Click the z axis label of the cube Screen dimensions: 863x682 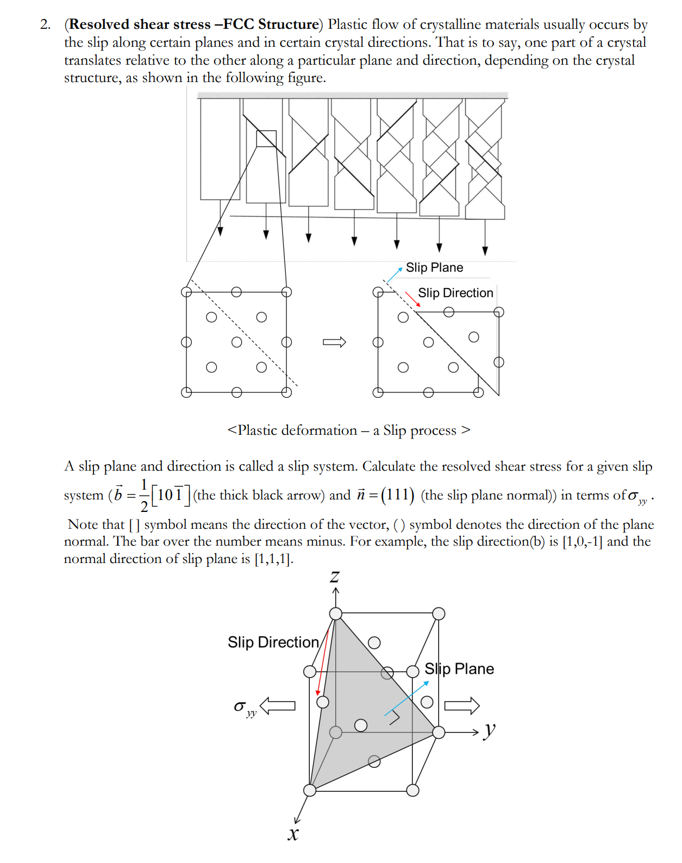335,577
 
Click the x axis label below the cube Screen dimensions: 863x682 293,834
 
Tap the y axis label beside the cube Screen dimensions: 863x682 490,730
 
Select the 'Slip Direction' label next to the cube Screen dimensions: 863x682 273,642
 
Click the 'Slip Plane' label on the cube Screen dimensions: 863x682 459,669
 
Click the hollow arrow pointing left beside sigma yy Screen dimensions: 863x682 278,706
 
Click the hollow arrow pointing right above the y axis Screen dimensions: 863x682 462,705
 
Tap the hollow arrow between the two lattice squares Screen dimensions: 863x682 334,342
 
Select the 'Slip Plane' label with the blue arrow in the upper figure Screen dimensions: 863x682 434,267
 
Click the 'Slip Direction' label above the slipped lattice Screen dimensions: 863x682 455,293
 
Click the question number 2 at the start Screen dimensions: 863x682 45,24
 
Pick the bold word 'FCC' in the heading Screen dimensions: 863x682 239,24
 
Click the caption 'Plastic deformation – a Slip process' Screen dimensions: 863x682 348,430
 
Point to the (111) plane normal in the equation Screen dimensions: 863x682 397,495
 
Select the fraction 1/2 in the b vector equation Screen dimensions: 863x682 144,495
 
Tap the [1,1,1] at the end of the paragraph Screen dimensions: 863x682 273,559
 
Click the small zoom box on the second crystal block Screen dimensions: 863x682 266,139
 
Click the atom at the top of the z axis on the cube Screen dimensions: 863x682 336,614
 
